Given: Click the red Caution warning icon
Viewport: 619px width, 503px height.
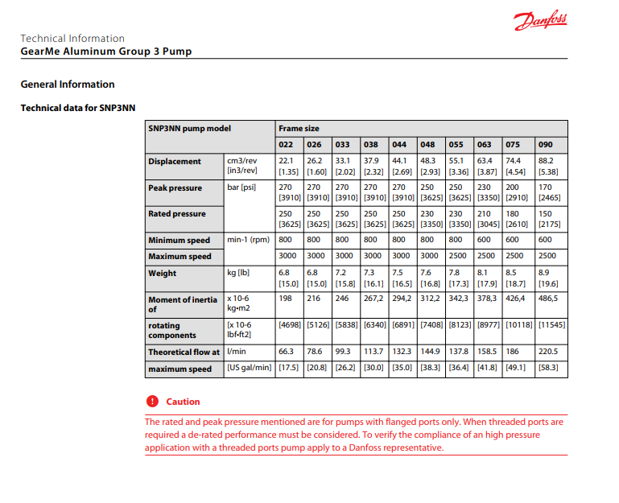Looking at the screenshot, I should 152,402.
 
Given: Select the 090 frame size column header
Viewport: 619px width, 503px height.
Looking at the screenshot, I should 545,145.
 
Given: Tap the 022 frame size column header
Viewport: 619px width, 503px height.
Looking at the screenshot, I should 286,145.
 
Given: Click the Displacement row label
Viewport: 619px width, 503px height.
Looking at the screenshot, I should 175,161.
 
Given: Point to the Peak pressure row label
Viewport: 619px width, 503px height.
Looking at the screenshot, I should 176,188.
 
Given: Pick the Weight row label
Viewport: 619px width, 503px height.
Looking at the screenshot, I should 162,273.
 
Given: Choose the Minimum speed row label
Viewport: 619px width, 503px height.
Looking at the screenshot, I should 179,240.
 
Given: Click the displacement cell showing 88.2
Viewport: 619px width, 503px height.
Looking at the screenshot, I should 545,161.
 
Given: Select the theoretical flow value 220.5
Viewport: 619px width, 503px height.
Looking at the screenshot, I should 547,352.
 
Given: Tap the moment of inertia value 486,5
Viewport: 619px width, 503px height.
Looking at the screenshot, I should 547,299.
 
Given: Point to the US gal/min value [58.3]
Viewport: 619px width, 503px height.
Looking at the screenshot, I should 547,369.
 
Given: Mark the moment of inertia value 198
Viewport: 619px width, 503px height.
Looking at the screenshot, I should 285,299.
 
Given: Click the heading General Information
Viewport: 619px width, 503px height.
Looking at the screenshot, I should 68,85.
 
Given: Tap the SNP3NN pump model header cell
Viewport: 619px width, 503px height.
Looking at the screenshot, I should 189,128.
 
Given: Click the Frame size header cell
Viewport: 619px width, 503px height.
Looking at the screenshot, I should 299,128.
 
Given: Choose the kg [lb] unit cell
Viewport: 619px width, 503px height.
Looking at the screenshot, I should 238,273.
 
